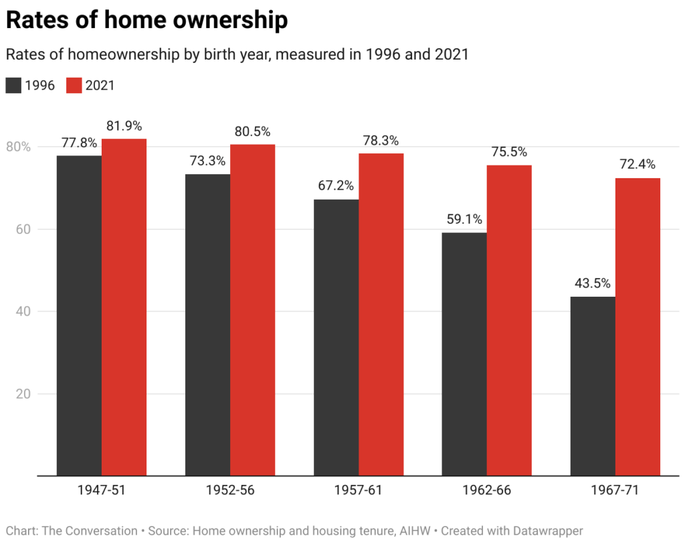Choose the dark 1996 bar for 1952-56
207,325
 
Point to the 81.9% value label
124,125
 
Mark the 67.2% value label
336,186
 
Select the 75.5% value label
509,151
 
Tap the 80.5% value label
252,131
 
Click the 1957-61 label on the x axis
358,490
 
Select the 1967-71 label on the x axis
615,490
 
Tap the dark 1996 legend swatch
13,86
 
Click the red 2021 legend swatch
74,86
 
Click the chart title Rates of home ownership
147,21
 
